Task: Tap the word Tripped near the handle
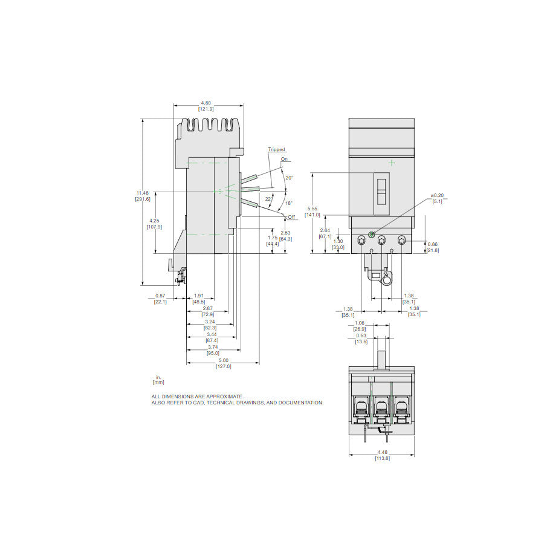(276, 149)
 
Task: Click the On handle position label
(284, 159)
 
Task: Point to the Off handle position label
(291, 216)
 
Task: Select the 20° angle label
(289, 178)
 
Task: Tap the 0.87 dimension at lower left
(160, 296)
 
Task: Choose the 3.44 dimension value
(211, 335)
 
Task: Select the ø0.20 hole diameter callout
(436, 195)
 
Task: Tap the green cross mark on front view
(392, 162)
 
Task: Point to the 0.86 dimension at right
(432, 244)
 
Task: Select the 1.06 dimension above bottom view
(359, 323)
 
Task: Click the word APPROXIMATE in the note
(222, 396)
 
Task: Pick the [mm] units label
(158, 382)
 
